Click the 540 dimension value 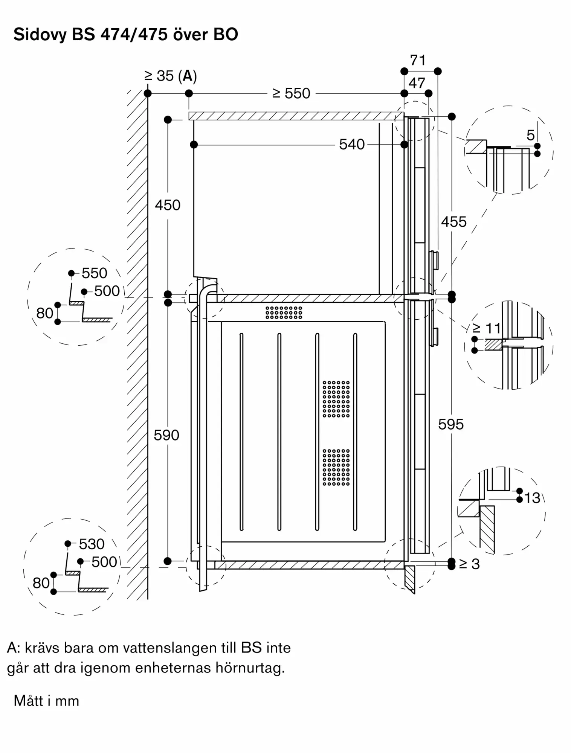pos(352,145)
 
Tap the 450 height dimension pos(168,205)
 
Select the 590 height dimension pos(166,435)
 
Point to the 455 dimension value pos(453,222)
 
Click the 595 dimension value pos(451,424)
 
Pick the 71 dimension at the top pos(418,60)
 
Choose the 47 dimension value pos(417,83)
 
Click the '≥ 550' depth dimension pos(291,93)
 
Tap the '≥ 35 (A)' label pos(171,76)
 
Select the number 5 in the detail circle pos(530,135)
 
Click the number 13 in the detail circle pos(532,498)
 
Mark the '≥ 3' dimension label pos(469,564)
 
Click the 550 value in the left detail pos(95,273)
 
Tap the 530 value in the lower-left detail pos(92,544)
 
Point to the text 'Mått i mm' pos(46,701)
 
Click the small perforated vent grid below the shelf pos(284,312)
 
